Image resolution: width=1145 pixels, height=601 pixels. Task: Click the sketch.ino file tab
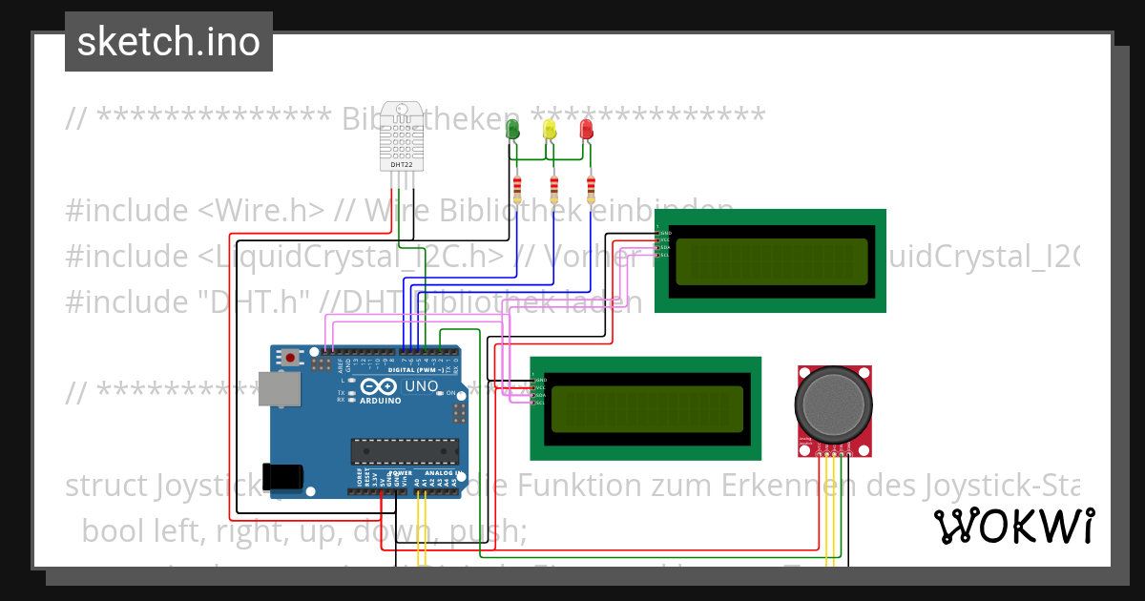(168, 42)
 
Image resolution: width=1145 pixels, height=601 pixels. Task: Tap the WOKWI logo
(1013, 526)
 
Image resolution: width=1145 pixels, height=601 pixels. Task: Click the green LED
(512, 129)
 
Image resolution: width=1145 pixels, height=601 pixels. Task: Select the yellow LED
(550, 129)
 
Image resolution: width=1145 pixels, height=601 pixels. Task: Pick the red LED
(586, 129)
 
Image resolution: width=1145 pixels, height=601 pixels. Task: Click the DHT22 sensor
(402, 136)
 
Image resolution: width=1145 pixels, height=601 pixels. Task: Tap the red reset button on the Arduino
(289, 359)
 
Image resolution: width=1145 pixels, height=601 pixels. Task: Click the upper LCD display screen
(771, 261)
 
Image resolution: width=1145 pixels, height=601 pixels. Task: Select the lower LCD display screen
(646, 408)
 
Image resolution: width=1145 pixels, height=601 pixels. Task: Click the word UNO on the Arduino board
(422, 386)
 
